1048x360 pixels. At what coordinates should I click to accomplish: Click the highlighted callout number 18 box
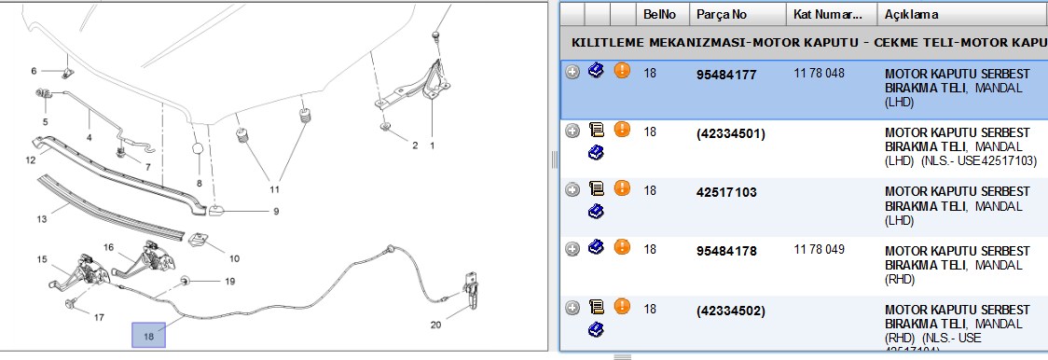148,335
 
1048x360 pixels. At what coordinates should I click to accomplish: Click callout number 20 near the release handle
435,325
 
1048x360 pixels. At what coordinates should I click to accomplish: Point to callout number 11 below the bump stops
275,189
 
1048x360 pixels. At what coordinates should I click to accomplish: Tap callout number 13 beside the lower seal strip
41,218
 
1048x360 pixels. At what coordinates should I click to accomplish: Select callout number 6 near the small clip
34,71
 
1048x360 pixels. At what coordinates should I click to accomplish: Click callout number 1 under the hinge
432,145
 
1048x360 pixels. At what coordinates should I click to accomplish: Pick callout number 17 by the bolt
99,317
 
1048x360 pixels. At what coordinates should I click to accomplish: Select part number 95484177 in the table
726,75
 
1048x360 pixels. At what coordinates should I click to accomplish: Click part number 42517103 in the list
726,193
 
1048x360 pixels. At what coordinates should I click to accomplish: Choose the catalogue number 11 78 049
819,250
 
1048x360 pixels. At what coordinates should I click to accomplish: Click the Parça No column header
722,14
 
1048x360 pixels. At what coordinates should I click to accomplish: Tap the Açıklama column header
911,14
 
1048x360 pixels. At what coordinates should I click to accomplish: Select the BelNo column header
660,14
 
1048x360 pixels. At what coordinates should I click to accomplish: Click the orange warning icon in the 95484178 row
622,247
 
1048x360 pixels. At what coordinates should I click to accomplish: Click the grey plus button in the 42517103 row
572,190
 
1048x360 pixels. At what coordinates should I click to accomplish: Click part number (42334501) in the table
731,133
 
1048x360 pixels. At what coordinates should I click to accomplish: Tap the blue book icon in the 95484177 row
596,70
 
